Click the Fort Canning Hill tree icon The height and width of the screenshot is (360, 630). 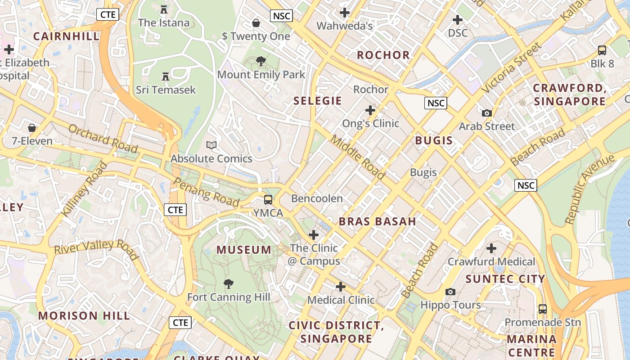click(229, 283)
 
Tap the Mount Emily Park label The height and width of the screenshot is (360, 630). click(261, 75)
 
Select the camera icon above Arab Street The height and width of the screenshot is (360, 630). click(487, 113)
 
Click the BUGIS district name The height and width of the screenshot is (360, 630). click(434, 140)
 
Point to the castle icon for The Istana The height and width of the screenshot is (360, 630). click(164, 9)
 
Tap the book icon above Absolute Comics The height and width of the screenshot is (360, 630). click(211, 145)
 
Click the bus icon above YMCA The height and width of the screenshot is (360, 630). click(268, 199)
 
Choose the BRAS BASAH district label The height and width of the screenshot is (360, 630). click(377, 221)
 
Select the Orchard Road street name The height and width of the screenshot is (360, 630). click(103, 138)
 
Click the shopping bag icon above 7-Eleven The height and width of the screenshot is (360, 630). click(32, 128)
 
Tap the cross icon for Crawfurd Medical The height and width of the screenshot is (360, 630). click(491, 248)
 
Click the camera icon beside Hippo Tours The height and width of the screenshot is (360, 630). click(450, 292)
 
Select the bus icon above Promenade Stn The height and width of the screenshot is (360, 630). click(543, 309)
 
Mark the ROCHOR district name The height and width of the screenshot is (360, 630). click(383, 55)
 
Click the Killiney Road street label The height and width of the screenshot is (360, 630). click(85, 189)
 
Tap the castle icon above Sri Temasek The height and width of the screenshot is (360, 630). click(166, 76)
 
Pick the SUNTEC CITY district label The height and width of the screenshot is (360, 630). click(505, 279)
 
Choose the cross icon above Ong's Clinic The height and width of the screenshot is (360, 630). click(370, 110)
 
